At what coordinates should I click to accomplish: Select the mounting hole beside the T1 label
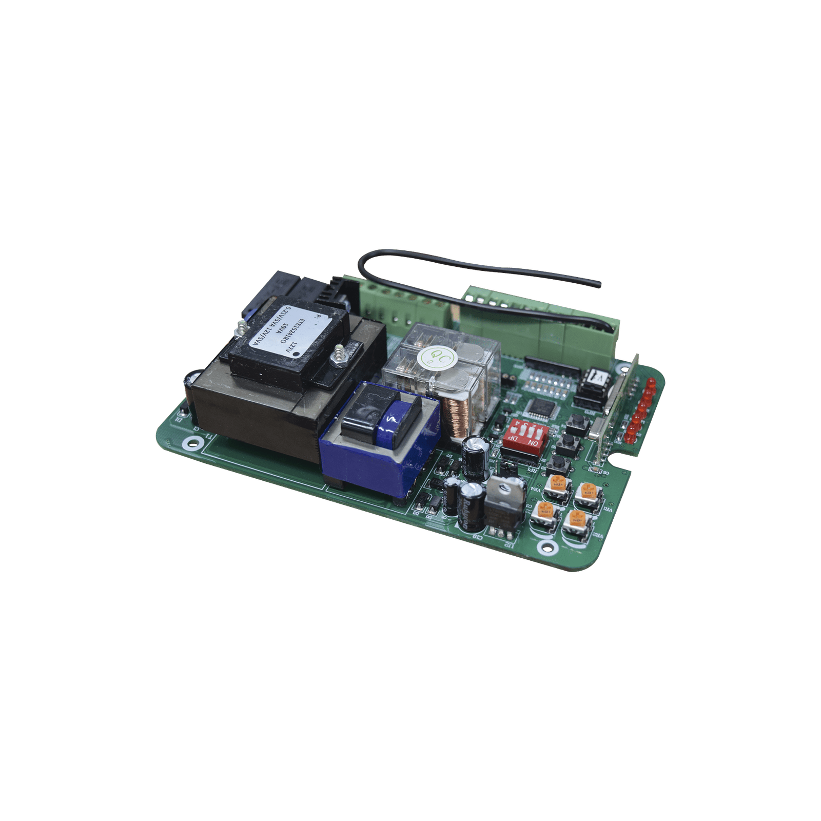pos(193,441)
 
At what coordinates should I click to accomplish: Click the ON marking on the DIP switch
pos(533,442)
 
